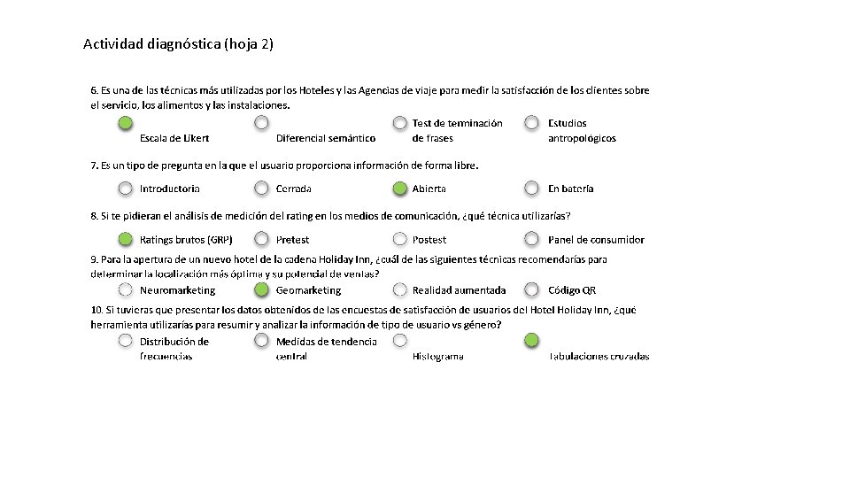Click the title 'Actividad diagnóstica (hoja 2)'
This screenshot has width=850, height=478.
[178, 43]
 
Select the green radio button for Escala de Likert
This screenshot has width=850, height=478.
[127, 123]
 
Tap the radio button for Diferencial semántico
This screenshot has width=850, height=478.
[262, 123]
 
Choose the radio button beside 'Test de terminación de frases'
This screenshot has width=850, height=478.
[400, 123]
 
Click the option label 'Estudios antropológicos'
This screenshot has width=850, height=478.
[582, 130]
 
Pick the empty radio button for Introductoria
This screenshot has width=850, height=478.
[127, 188]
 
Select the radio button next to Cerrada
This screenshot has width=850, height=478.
[262, 188]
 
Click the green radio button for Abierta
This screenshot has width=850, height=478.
[400, 188]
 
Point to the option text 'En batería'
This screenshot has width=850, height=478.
[571, 189]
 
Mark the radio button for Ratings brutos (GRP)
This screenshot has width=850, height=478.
[127, 239]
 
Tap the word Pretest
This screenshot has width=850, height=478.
[293, 240]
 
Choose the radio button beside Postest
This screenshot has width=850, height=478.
[400, 239]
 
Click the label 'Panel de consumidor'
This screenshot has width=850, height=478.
[596, 240]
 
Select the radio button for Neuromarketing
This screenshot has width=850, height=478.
[127, 289]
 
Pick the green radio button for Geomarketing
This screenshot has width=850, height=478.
[262, 289]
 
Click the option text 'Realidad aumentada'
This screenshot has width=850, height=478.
[459, 290]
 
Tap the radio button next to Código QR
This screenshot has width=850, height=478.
[531, 289]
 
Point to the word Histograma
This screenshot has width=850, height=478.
[437, 357]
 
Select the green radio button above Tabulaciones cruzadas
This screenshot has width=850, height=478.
[531, 340]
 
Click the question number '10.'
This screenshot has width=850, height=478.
[97, 311]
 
